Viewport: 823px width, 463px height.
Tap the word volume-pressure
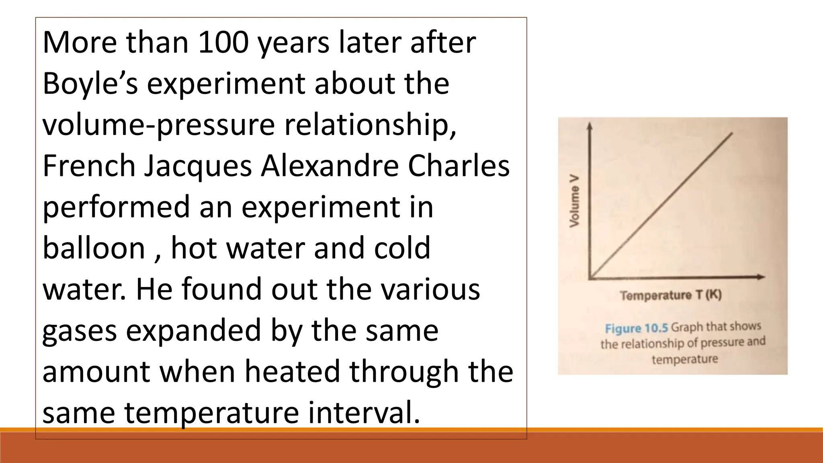[x=158, y=125]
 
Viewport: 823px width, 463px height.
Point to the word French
[x=89, y=166]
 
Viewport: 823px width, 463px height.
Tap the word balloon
[x=94, y=248]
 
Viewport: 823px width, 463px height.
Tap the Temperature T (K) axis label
[x=671, y=296]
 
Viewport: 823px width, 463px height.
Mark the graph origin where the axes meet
[x=590, y=277]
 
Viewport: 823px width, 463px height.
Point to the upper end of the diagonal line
[x=732, y=133]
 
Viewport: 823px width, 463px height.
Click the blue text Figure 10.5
[x=636, y=328]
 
